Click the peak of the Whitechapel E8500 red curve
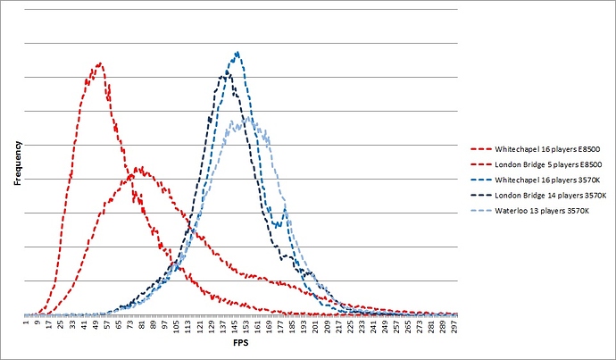[100, 63]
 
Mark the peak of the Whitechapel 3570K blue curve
[237, 52]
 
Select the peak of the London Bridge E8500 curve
[139, 166]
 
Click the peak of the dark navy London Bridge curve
[227, 72]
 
